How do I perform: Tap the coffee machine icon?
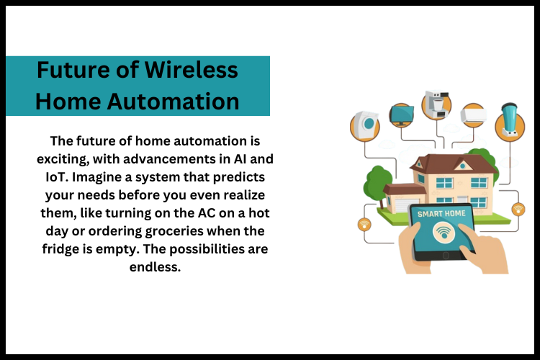pos(436,105)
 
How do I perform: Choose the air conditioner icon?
pos(475,115)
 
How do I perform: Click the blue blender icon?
pos(510,120)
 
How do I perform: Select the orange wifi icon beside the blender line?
pos(518,210)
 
